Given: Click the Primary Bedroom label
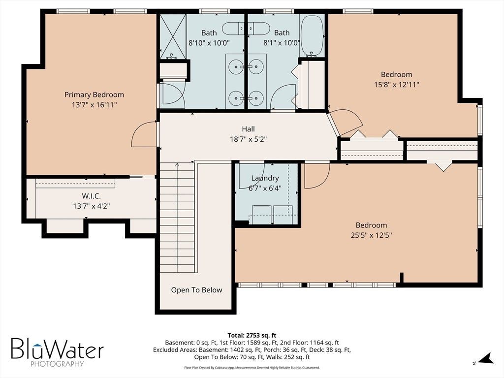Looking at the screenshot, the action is tap(94, 95).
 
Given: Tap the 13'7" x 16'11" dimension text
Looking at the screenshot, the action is tap(94, 105).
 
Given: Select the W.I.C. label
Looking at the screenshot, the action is tap(91, 196).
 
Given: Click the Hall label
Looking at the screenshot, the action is tap(248, 129).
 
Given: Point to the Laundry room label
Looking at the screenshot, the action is tap(265, 178).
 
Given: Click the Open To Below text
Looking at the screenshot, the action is tap(196, 290).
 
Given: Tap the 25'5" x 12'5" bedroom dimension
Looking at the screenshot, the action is tap(371, 235).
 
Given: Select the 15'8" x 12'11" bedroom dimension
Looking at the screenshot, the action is tap(397, 85).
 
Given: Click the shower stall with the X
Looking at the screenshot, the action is tap(173, 36).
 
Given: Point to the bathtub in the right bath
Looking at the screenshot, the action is tap(312, 35).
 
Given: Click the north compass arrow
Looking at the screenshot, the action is tap(487, 358).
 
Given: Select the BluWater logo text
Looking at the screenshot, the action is tap(57, 348).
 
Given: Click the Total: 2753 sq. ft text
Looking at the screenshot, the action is tap(252, 336).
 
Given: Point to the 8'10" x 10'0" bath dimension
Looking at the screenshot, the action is tap(209, 43).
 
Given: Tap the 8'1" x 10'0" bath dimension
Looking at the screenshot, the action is tap(282, 43).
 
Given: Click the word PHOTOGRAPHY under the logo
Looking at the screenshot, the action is tap(57, 364).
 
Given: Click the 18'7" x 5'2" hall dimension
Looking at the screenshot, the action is tap(249, 139).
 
